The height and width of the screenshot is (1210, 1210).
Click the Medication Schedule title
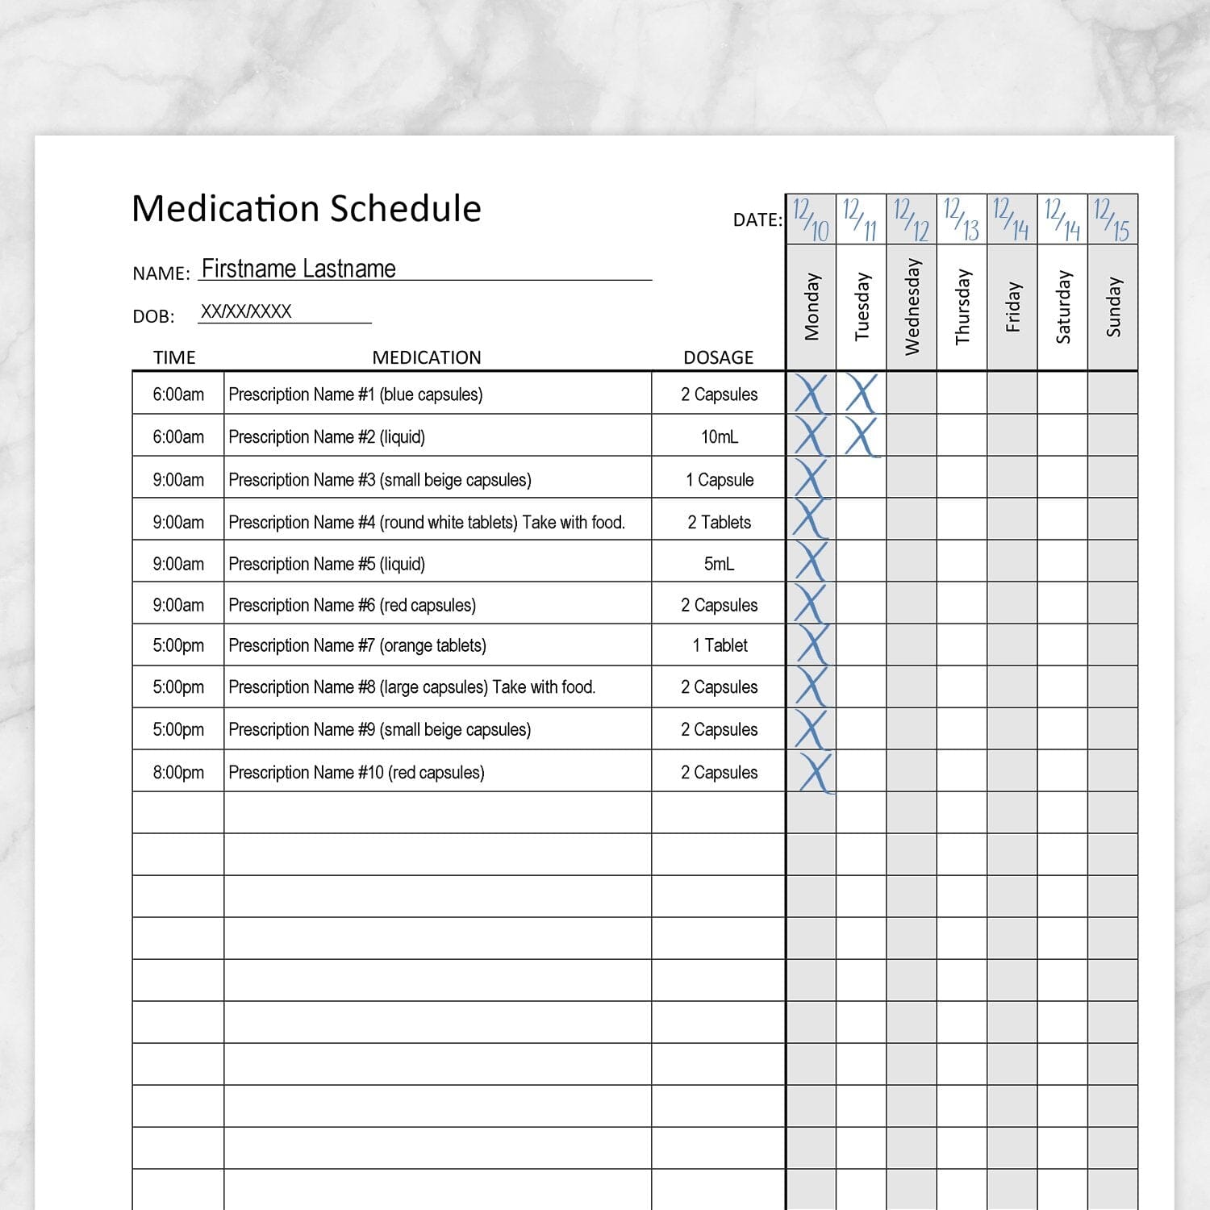(306, 209)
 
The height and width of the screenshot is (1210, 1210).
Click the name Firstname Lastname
(298, 269)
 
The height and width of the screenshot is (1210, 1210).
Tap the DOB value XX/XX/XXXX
(246, 312)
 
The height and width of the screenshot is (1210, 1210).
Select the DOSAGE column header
(718, 357)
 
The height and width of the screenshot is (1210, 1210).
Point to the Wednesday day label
(912, 307)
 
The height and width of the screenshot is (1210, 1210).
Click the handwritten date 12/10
(811, 220)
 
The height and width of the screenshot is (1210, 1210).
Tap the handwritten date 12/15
(1112, 220)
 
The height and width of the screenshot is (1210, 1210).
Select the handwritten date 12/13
(962, 220)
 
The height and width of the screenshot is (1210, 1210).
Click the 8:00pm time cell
(178, 772)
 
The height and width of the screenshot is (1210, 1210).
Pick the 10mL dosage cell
(719, 437)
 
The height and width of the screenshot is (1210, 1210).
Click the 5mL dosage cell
(719, 564)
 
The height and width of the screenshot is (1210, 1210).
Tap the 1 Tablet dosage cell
(720, 645)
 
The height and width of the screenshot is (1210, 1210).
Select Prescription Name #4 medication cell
(427, 523)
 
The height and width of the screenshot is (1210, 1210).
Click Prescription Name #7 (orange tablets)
(357, 645)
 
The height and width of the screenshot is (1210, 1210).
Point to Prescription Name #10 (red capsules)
(357, 772)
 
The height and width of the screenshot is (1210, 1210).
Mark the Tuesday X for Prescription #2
(861, 436)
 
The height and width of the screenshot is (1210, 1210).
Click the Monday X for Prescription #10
(813, 772)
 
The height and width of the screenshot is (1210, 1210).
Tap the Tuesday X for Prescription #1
(861, 394)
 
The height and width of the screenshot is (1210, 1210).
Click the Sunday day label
(1113, 307)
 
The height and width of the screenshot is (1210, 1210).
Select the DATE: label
(757, 219)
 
